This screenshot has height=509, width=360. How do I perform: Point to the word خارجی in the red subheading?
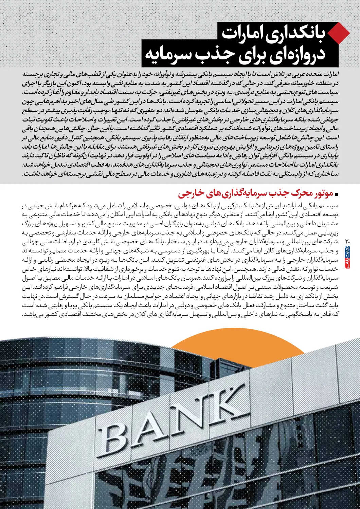[190, 194]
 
